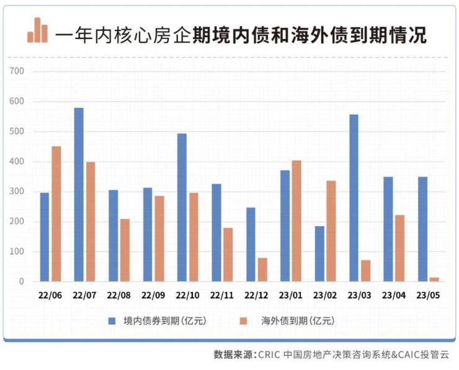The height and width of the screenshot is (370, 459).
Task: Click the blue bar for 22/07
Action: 79,195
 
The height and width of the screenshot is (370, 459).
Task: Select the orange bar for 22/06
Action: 56,214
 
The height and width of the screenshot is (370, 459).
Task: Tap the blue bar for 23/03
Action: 354,198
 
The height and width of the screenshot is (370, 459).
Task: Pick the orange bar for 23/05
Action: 434,280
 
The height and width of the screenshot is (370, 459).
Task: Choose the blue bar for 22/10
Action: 182,208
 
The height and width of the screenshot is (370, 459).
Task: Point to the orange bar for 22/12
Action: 262,270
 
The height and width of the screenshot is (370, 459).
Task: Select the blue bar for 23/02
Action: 319,253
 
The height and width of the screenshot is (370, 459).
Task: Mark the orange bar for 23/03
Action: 365,271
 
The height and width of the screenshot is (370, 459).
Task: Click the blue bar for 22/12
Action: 251,244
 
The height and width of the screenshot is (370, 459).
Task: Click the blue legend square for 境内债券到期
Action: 112,320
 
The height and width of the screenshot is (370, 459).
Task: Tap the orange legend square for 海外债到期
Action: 244,320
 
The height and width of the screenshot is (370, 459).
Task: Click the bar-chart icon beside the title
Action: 37,30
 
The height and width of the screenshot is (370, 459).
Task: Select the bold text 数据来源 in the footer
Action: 233,355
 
